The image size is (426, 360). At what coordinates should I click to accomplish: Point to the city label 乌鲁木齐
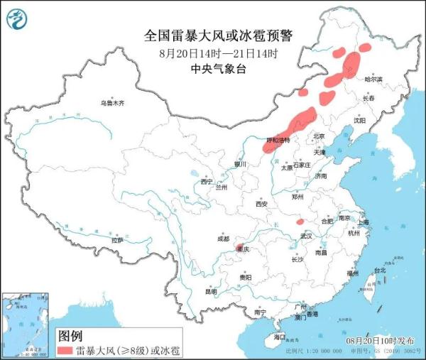[x=111, y=104]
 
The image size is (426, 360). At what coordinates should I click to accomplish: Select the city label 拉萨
[x=116, y=240]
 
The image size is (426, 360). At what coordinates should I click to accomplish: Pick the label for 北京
[x=318, y=136]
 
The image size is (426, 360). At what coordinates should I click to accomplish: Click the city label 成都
[x=224, y=239]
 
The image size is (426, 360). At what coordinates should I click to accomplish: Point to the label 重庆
[x=244, y=250]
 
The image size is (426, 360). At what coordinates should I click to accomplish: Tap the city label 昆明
[x=211, y=291]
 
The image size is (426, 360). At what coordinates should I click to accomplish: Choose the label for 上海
[x=364, y=222]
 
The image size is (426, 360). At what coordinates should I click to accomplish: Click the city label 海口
[x=280, y=337]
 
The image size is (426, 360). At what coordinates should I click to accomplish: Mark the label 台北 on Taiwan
[x=378, y=271]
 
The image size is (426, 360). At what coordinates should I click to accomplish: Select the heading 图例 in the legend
[x=70, y=334]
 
